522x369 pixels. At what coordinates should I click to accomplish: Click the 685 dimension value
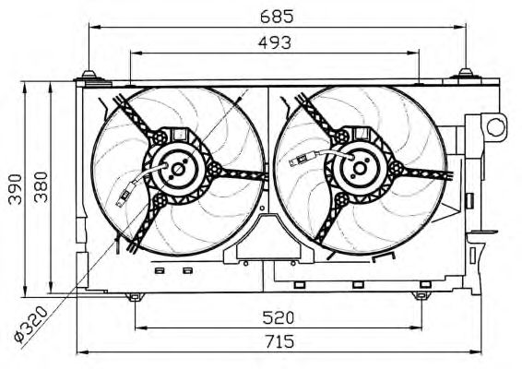[277, 17]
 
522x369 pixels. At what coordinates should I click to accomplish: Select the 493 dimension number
[275, 42]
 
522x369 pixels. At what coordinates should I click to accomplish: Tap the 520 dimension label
[279, 317]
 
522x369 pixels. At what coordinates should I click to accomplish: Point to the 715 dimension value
[279, 341]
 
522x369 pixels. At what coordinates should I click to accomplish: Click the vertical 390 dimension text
[16, 189]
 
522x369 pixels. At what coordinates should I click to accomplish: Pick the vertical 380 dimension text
[41, 187]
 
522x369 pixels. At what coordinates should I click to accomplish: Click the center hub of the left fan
[177, 169]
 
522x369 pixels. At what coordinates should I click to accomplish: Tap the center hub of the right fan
[360, 168]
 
